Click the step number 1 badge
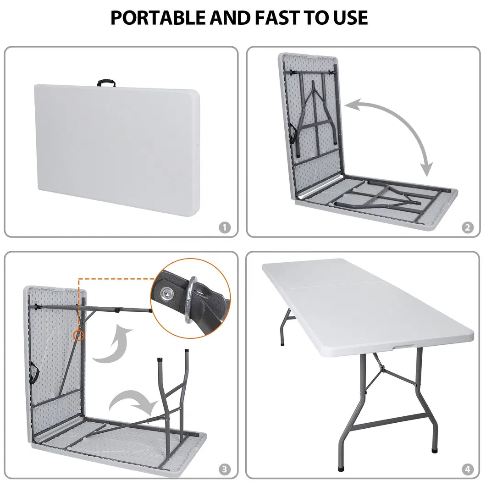pyautogui.click(x=225, y=227)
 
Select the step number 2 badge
pyautogui.click(x=467, y=227)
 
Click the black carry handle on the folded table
pyautogui.click(x=106, y=83)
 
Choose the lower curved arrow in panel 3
pyautogui.click(x=133, y=401)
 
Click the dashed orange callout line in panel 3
pyautogui.click(x=115, y=278)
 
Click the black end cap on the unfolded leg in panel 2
pyautogui.click(x=337, y=203)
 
